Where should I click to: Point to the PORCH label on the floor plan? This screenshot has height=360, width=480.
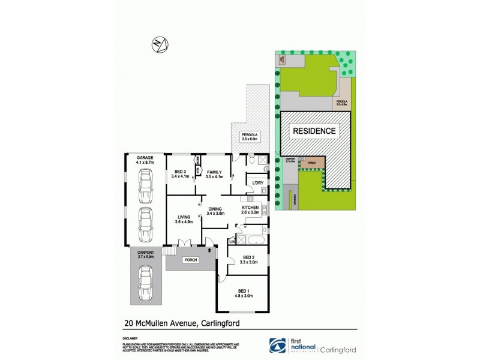(190, 260)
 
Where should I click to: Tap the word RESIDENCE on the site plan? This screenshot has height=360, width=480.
(314, 130)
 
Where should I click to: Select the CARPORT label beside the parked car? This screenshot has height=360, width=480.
(145, 253)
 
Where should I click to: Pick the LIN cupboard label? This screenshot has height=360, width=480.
(232, 242)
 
